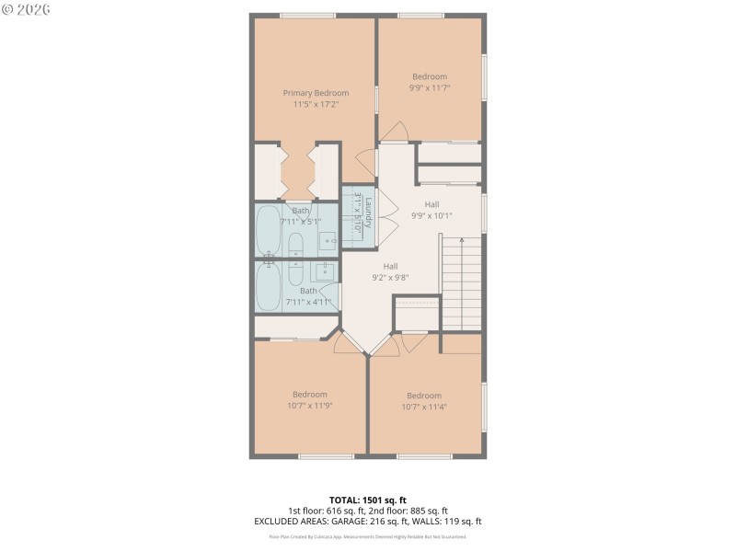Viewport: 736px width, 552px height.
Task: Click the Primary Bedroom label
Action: click(316, 93)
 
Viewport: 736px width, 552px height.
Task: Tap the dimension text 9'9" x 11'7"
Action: click(430, 88)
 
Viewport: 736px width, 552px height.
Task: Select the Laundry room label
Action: click(367, 213)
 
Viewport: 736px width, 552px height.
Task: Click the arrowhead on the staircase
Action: click(462, 240)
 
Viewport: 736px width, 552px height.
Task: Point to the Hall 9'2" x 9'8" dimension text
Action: click(390, 277)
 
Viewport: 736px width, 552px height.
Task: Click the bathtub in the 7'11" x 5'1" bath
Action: click(269, 231)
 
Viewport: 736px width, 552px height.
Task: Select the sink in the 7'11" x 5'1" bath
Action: click(328, 242)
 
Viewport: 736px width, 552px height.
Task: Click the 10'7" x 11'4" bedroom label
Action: click(424, 397)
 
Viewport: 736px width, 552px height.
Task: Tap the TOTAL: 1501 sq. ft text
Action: click(368, 500)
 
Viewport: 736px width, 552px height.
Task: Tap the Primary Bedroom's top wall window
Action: click(307, 15)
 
